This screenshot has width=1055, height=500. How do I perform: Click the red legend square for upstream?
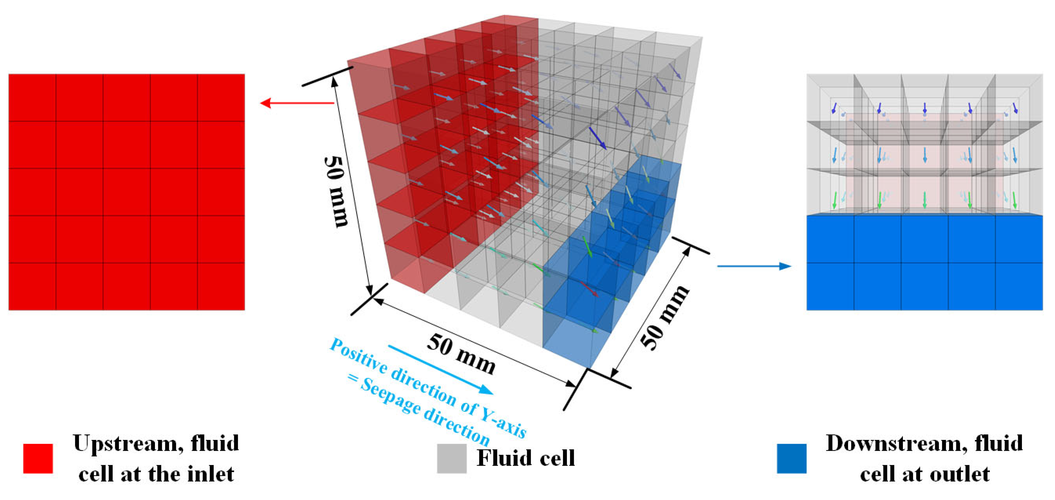pos(38,458)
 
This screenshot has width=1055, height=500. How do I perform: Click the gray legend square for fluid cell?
pos(451,458)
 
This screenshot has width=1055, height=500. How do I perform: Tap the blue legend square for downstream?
pos(791,458)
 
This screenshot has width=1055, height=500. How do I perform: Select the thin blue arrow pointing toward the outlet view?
pos(754,266)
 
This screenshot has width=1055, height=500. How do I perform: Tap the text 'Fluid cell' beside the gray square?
pos(526,458)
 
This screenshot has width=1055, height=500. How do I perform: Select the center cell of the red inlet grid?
pos(126,192)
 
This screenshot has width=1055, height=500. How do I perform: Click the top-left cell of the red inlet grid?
pos(32,98)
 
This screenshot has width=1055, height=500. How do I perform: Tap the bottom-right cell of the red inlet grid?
pos(221,286)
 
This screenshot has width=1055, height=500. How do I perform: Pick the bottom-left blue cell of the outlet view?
pos(830,286)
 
